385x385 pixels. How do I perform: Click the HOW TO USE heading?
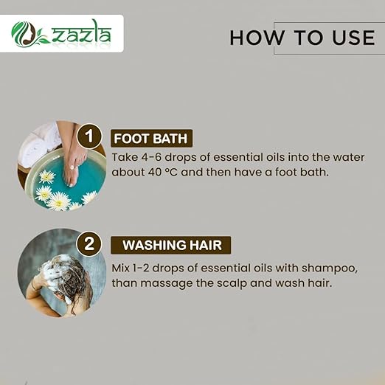click(x=302, y=38)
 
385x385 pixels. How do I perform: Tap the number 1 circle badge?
click(x=89, y=136)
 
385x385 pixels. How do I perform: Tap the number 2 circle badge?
click(x=89, y=244)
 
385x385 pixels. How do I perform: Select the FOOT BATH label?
click(x=153, y=138)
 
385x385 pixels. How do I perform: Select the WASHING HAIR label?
click(x=172, y=245)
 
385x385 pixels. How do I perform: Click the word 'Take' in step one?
click(x=123, y=157)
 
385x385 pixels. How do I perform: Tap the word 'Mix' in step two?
click(x=122, y=265)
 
